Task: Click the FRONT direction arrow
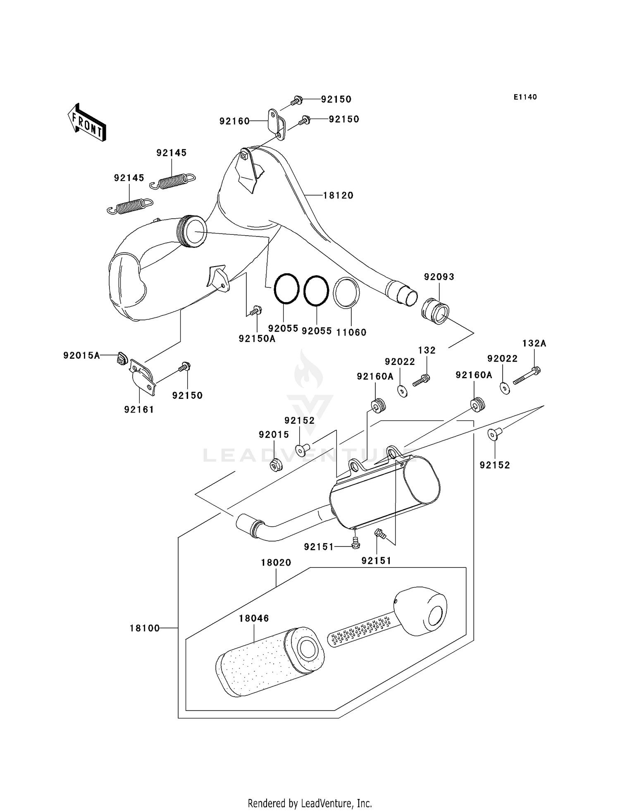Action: [87, 123]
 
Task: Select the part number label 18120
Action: [338, 196]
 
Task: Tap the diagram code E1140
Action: [525, 97]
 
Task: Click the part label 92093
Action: [439, 277]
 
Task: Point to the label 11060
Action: [351, 332]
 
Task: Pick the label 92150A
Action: [257, 339]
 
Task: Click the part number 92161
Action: [139, 410]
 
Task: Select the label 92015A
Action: [81, 355]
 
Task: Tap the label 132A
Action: [534, 343]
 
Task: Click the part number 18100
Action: [145, 628]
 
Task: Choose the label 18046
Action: [254, 618]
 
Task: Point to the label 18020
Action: [276, 563]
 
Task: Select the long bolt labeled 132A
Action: [527, 377]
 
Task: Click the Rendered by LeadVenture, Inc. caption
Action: [310, 803]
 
